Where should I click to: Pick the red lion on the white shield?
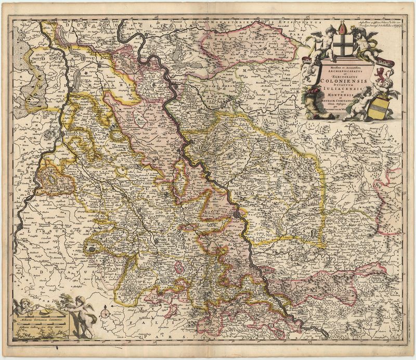pos(381,71)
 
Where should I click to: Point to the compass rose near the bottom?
pos(106,313)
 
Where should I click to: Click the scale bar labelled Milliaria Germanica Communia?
pos(39,316)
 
